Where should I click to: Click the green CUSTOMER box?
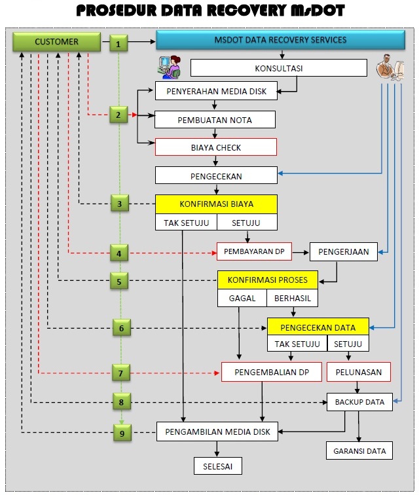57,42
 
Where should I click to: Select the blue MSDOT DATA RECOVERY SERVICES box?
280,41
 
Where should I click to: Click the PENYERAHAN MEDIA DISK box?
215,91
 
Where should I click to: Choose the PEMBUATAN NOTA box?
215,120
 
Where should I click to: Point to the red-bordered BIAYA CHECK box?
215,147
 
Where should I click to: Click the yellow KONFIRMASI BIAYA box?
216,204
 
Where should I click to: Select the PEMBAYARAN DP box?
255,251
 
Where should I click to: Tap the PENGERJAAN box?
343,251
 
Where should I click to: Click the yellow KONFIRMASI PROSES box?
267,280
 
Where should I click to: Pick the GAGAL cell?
242,299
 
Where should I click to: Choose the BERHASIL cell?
292,299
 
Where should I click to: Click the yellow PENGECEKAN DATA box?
318,327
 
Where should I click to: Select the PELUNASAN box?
358,372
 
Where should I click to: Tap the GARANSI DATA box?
359,450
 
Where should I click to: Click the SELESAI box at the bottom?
218,466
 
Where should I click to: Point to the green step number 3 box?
119,204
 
